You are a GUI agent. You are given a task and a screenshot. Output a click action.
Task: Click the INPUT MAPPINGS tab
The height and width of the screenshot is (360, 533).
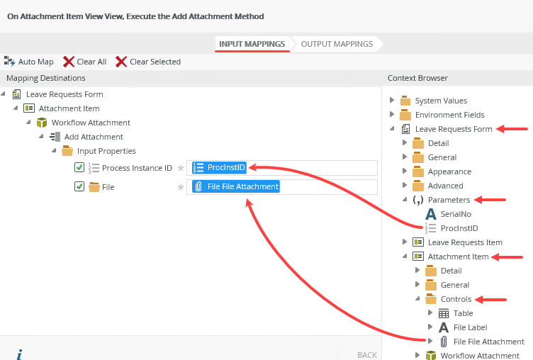click(x=252, y=44)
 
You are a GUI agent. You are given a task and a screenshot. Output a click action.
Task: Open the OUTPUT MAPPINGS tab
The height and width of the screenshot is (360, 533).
click(x=337, y=44)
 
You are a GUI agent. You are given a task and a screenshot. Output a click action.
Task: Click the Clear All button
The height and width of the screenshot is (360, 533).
click(x=84, y=62)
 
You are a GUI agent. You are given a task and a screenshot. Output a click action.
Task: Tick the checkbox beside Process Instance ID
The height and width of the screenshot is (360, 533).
click(x=79, y=168)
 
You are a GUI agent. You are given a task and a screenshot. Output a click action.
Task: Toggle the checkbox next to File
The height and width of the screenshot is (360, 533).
click(x=79, y=187)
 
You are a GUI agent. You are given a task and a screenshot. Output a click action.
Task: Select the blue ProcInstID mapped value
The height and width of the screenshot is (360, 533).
click(x=220, y=168)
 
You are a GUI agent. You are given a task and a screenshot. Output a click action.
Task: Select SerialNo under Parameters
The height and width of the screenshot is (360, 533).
click(x=456, y=214)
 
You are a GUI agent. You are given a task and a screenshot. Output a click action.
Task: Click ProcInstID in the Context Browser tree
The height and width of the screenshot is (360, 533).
click(x=459, y=228)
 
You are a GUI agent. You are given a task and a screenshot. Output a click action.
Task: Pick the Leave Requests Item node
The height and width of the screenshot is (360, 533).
click(x=464, y=242)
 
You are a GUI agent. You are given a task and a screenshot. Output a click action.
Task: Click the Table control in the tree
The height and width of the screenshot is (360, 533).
click(x=463, y=313)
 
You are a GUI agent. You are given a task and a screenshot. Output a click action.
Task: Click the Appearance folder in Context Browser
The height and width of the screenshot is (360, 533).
click(x=449, y=171)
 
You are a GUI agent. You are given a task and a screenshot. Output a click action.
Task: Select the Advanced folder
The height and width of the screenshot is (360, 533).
click(x=445, y=186)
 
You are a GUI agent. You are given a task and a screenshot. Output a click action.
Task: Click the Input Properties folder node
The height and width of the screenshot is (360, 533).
click(x=106, y=151)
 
